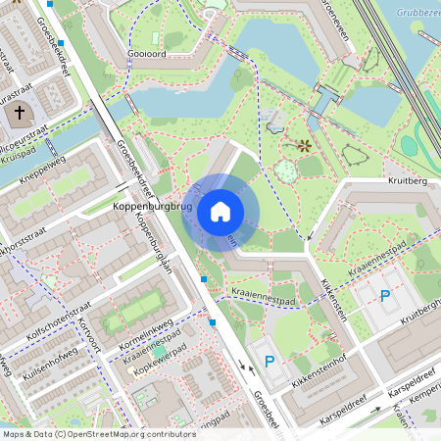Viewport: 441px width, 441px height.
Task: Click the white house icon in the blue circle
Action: click(220, 212)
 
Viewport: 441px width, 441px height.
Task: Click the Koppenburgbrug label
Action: click(151, 208)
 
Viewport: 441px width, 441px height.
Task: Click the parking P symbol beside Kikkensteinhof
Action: click(269, 361)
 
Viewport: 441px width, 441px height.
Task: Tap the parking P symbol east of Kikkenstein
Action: click(384, 295)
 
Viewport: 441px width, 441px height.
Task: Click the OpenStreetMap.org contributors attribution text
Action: click(137, 433)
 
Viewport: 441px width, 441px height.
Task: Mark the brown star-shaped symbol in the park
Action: click(304, 146)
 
